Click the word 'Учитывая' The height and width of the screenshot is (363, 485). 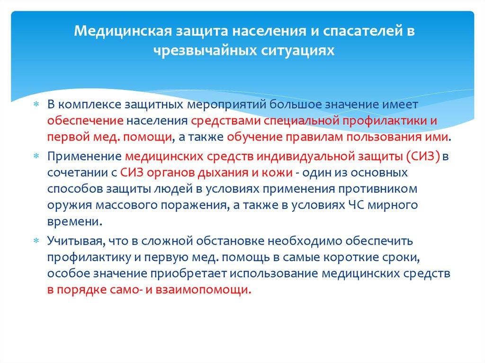coord(75,241)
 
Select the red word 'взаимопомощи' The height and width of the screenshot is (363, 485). coord(216,289)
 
